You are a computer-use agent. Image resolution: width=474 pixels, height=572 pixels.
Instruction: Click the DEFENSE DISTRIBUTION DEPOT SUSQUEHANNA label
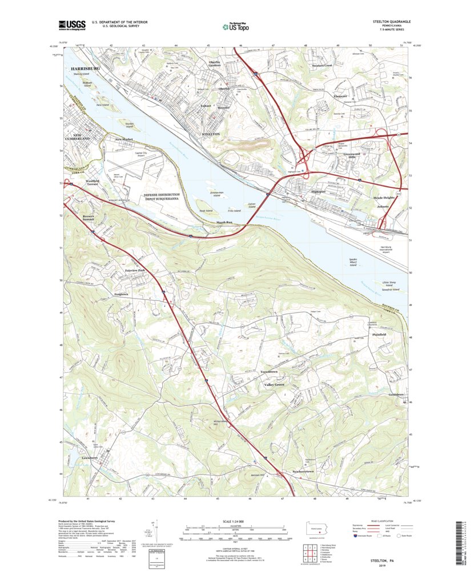point(166,197)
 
